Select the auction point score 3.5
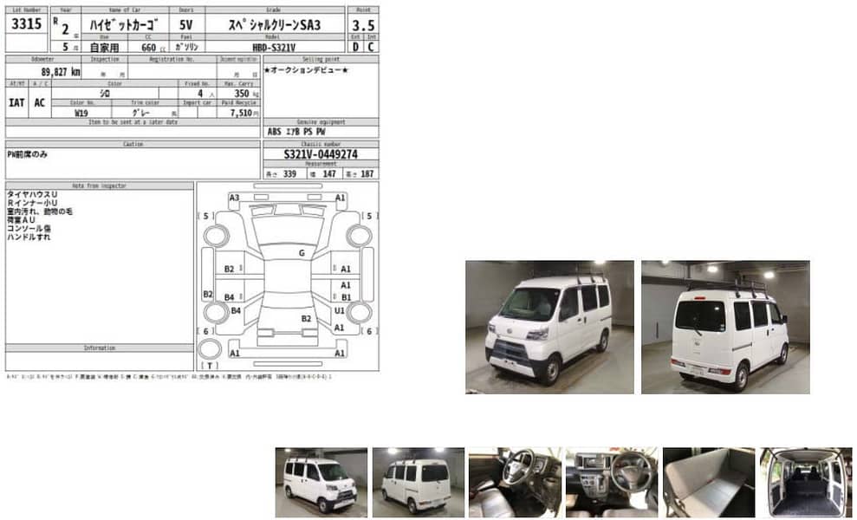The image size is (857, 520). pos(362,26)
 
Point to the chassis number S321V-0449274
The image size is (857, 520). pos(320,154)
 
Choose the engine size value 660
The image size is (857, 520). pos(148,47)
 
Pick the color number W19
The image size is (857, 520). pos(81,113)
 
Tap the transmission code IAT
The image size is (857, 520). pos(16,102)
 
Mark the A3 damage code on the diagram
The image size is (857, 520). pos(234,198)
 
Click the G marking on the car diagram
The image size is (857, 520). pos(302,253)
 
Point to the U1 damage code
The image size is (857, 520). pos(340,309)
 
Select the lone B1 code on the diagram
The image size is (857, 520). pos(346,297)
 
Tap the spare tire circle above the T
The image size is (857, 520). pos(209,349)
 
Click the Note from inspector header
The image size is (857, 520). pos(99,186)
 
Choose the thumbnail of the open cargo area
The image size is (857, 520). pos(805,482)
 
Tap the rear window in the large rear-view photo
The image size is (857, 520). pos(699,315)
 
